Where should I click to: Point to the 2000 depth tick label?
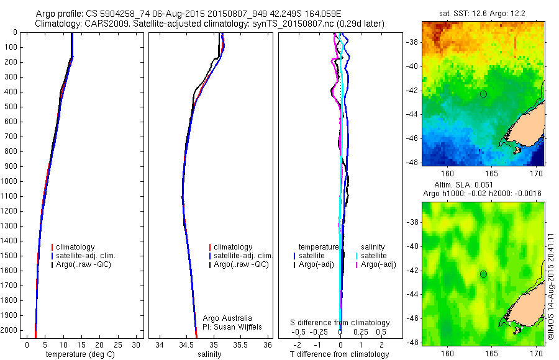pyautogui.click(x=9, y=330)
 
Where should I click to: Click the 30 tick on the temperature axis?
pyautogui.click(x=136, y=345)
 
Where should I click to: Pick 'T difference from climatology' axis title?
pyautogui.click(x=340, y=354)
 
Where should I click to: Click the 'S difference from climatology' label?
pyautogui.click(x=340, y=323)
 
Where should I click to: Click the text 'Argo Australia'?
pyautogui.click(x=227, y=318)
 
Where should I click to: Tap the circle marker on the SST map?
pyautogui.click(x=483, y=94)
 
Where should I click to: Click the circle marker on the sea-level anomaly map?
pyautogui.click(x=483, y=274)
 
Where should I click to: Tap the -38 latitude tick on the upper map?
pyautogui.click(x=415, y=43)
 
